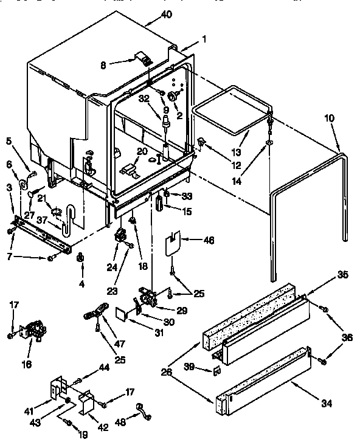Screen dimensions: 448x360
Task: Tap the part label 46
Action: pyautogui.click(x=209, y=240)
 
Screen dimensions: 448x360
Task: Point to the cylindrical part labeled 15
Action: pyautogui.click(x=161, y=202)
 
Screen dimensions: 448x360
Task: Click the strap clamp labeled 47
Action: pyautogui.click(x=92, y=314)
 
